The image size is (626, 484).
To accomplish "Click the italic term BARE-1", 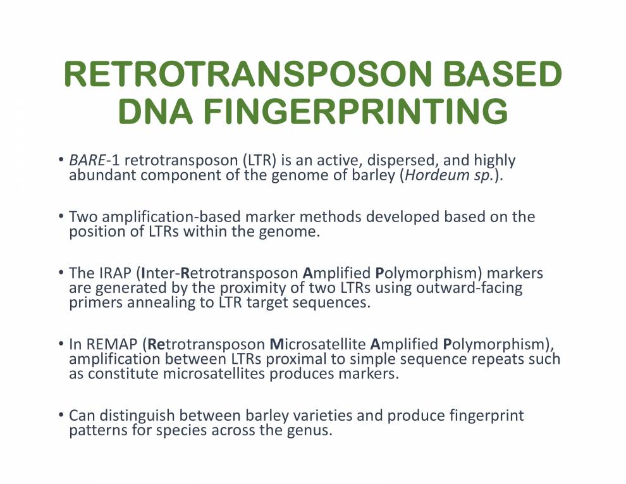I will coord(90,161).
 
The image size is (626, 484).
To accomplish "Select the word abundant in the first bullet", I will coord(102,175).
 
